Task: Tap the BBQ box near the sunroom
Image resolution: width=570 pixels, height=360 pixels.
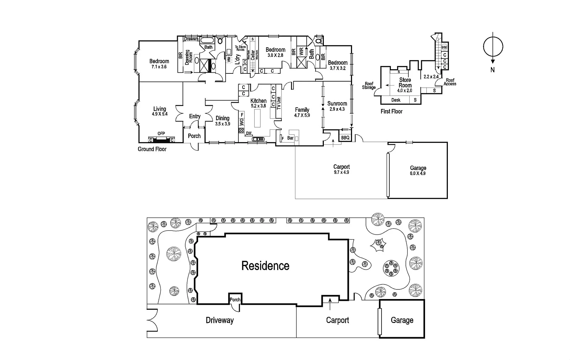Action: tap(345, 137)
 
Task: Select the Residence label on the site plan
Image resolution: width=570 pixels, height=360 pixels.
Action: tap(265, 266)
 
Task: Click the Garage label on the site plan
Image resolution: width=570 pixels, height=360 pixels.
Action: tap(402, 320)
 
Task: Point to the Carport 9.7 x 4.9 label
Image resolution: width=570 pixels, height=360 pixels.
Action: tap(341, 169)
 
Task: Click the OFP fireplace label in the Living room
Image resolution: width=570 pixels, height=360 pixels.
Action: tap(161, 134)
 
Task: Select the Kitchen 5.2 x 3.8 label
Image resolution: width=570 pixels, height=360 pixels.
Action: tap(258, 103)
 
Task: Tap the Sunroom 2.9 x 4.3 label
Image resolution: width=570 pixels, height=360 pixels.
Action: tap(337, 106)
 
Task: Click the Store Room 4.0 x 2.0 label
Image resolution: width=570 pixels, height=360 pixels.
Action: tap(405, 85)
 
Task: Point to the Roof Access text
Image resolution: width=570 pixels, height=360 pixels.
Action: tap(450, 82)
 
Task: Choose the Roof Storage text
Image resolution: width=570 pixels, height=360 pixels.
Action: tap(369, 86)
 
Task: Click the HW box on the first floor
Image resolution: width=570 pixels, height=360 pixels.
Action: tap(444, 47)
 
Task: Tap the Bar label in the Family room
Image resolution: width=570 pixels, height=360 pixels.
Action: tap(290, 138)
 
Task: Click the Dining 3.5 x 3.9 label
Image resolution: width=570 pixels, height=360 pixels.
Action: tap(223, 121)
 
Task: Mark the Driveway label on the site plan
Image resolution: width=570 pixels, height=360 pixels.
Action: tap(219, 320)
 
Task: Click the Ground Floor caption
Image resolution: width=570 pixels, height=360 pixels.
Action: tap(152, 149)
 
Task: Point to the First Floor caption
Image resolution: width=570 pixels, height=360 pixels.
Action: tap(392, 111)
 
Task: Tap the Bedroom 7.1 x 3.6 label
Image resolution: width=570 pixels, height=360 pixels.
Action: tap(159, 64)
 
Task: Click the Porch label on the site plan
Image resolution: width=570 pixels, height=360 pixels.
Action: tap(235, 299)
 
